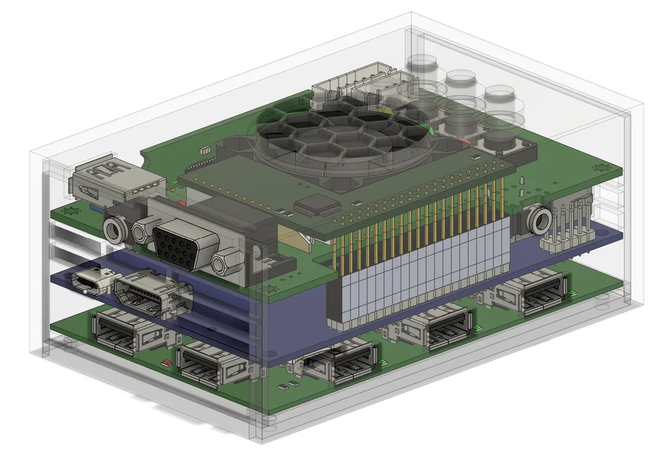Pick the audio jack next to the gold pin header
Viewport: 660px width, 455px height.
point(538,220)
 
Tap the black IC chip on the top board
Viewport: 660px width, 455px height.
point(314,205)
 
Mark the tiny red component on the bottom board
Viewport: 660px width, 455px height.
point(168,361)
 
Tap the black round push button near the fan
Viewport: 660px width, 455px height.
point(500,138)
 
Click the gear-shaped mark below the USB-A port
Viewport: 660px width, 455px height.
point(71,212)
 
